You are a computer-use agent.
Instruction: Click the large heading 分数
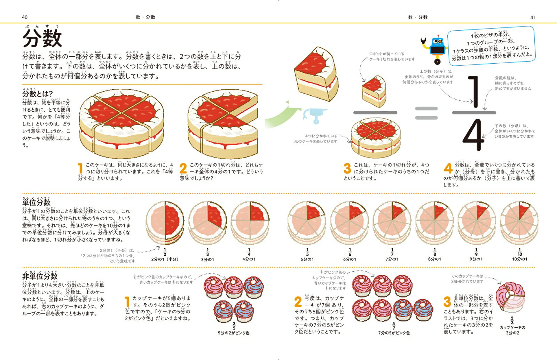[x=42, y=38]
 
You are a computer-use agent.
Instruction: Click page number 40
[x=24, y=17]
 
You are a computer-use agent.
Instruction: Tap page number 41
[x=532, y=17]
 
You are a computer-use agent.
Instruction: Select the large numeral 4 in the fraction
[x=473, y=136]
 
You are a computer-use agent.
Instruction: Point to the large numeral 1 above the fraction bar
[x=474, y=92]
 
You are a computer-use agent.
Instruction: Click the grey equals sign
[x=426, y=113]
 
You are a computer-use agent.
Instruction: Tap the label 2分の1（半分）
[x=165, y=259]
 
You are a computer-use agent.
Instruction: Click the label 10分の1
[x=519, y=259]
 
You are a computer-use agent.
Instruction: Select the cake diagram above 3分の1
[x=207, y=223]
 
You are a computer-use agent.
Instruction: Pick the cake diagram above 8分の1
[x=434, y=223]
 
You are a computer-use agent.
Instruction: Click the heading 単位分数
[x=37, y=202]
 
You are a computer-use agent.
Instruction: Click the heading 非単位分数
[x=40, y=276]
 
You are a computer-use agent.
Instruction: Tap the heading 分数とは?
[x=38, y=94]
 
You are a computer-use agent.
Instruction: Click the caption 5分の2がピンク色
[x=234, y=333]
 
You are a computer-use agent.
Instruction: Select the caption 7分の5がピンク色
[x=394, y=333]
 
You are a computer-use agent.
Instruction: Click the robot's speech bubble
[x=491, y=45]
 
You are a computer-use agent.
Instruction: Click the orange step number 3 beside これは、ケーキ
[x=347, y=168]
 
